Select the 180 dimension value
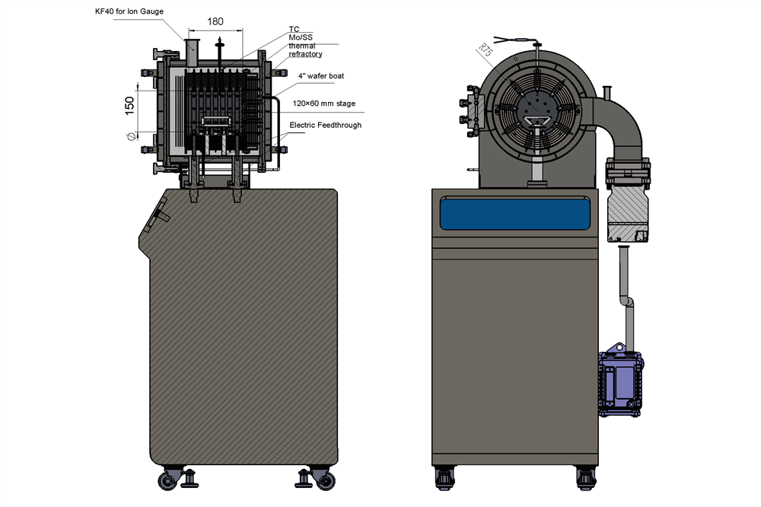point(215,21)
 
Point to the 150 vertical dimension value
point(130,104)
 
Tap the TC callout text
point(294,29)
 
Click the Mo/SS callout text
point(300,37)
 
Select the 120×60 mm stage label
point(324,104)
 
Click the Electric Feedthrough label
point(325,125)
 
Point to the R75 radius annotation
point(484,52)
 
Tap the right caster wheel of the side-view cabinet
point(325,480)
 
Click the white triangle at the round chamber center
point(538,120)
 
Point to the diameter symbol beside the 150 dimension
point(130,137)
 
